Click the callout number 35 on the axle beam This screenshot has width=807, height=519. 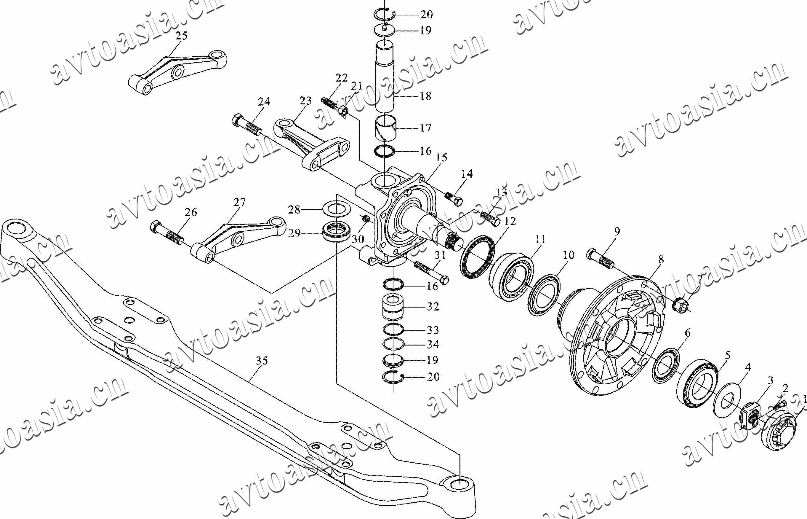(262, 361)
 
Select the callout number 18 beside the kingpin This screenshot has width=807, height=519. (425, 96)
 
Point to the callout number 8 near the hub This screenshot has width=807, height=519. (661, 259)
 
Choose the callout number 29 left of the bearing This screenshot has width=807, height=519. (294, 233)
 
